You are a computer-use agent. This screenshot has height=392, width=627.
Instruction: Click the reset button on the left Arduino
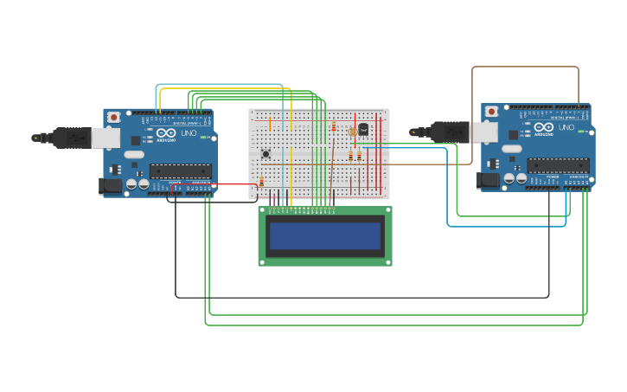pos(113,118)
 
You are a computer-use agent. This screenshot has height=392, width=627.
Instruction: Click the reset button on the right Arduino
pos(491,112)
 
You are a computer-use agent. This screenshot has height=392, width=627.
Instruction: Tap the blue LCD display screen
pos(325,235)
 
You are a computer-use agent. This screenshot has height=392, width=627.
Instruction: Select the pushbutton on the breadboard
pos(266,154)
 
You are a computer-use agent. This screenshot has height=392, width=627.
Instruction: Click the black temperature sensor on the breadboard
pos(363,129)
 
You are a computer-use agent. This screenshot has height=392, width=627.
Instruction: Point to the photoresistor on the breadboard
pos(352,132)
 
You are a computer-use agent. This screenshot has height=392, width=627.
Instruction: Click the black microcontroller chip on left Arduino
pos(180,171)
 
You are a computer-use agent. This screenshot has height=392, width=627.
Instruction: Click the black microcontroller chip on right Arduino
pos(558,165)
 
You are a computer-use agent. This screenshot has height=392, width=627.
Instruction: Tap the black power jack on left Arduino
pos(111,185)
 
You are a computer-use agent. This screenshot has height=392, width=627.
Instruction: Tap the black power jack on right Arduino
pos(488,180)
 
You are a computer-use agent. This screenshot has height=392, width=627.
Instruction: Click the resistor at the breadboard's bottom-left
pos(261,182)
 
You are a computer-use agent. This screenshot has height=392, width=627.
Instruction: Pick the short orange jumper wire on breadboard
pos(270,124)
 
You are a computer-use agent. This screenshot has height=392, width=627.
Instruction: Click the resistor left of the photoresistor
pos(334,127)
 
